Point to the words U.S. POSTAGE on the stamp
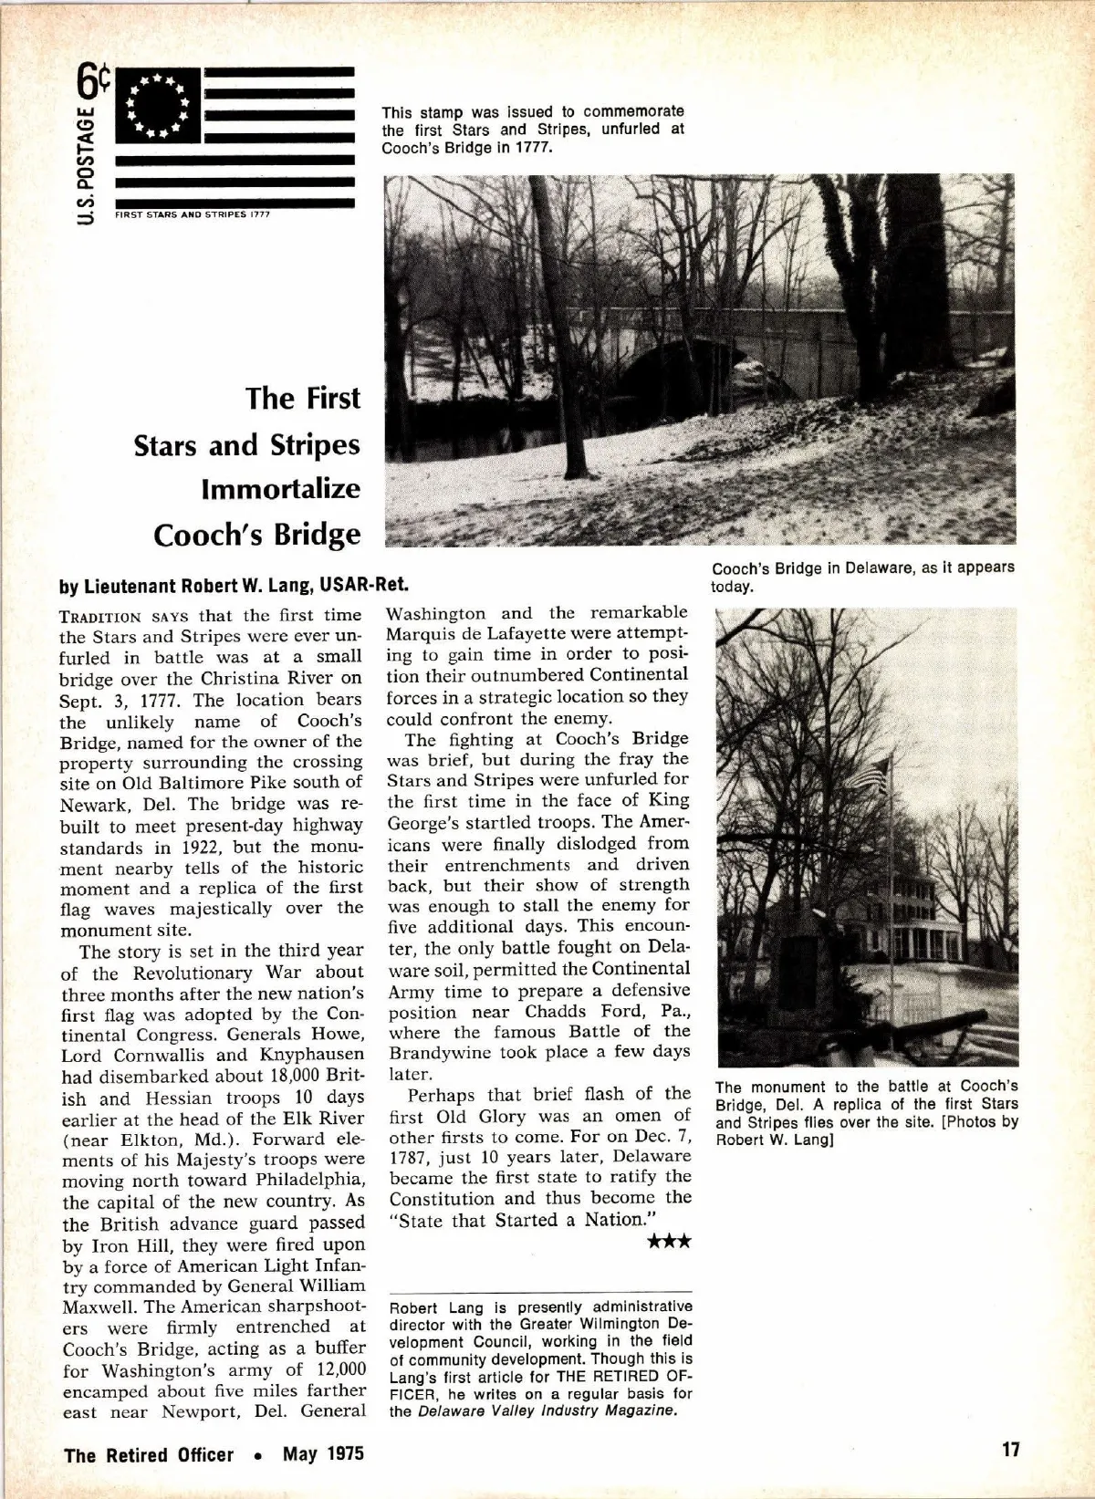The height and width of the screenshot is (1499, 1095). (85, 165)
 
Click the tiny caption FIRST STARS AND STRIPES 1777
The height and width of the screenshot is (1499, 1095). (192, 215)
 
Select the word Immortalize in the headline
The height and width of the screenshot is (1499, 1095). (281, 489)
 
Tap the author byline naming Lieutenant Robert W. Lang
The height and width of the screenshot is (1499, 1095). (235, 585)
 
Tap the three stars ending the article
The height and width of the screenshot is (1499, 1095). (669, 1242)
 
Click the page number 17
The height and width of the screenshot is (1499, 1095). (1009, 1450)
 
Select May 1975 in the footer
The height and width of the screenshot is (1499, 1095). (323, 1453)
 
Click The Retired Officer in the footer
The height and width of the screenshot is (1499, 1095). (149, 1454)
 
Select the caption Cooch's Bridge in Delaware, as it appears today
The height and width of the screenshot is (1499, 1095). (862, 576)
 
